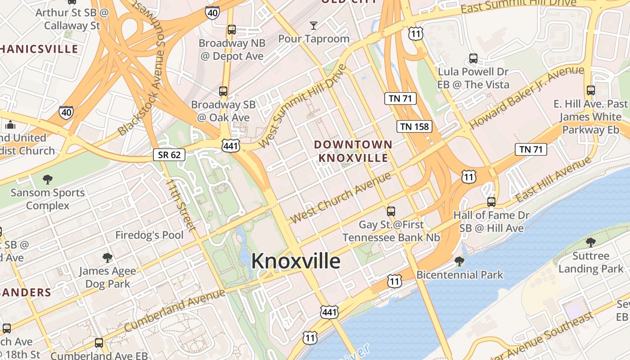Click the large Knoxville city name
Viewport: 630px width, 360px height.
point(296,261)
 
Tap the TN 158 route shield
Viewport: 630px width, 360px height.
point(414,126)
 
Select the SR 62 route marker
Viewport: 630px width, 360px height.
point(169,155)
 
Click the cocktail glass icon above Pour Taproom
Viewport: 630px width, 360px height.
point(314,25)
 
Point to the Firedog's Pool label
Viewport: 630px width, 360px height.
point(149,235)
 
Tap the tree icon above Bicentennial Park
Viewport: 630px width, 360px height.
point(459,261)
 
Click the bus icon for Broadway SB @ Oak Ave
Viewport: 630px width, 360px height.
point(223,91)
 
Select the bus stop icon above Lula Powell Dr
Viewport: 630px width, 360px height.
point(473,58)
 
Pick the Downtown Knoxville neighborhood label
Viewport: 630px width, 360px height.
point(353,151)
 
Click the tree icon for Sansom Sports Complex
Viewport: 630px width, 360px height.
point(48,180)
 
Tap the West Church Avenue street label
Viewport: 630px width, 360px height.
point(341,198)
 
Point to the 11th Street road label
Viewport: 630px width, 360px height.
point(180,205)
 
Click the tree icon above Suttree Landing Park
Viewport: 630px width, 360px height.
point(591,243)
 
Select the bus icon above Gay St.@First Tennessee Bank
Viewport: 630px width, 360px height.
point(391,211)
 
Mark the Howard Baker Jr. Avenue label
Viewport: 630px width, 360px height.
point(526,97)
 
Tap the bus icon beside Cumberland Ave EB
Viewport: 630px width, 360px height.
point(99,343)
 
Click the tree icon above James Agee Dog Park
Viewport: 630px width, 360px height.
point(107,257)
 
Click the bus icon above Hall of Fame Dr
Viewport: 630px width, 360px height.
point(491,202)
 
